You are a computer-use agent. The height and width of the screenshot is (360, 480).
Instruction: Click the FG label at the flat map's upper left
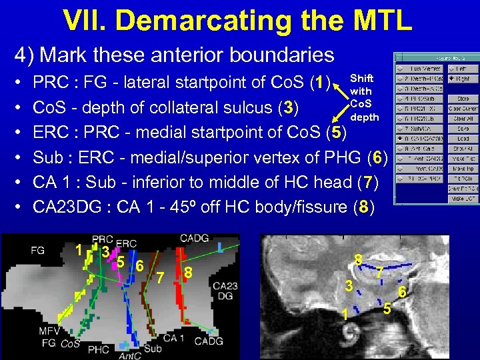pos(38,251)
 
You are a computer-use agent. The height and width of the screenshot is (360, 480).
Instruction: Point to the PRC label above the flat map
pos(102,239)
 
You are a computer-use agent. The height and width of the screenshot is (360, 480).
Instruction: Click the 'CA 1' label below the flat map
pos(174,338)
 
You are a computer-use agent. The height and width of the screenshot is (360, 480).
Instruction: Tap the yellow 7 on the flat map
pos(160,276)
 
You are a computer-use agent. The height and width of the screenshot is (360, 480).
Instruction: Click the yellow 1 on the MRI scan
pos(345,314)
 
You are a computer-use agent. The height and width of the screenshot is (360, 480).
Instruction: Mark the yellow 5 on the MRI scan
pos(387,308)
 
